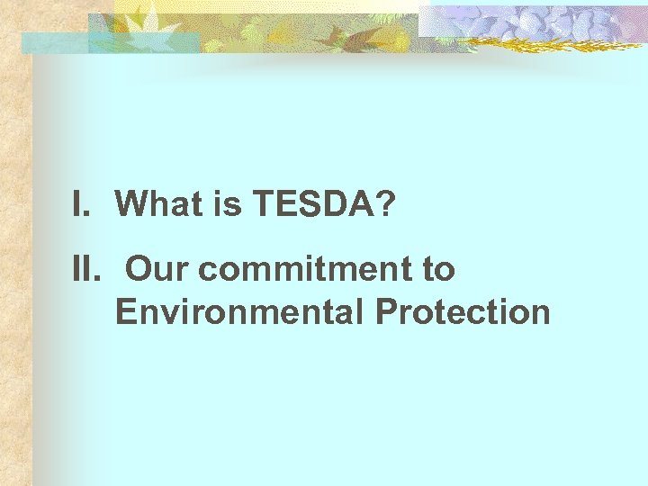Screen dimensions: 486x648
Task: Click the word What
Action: coord(159,205)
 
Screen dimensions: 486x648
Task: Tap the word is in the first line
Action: coord(229,205)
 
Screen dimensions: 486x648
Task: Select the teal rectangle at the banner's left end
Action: coord(54,42)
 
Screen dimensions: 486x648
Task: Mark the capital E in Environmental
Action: coord(125,312)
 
